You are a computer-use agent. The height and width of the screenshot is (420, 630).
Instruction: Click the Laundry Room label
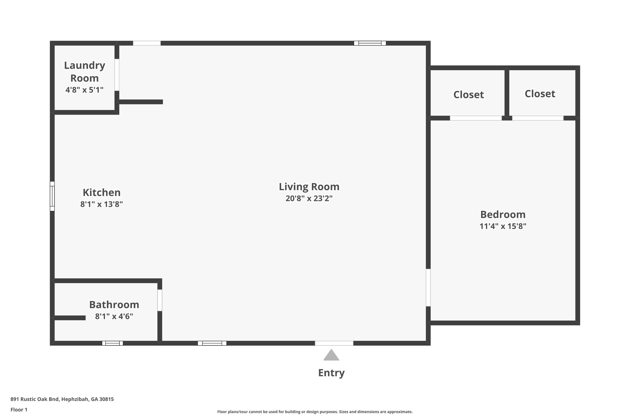coord(84,71)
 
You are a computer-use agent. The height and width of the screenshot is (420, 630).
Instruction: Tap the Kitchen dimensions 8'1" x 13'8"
coord(102,204)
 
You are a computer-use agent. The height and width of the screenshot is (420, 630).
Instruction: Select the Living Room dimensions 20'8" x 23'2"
coord(309,198)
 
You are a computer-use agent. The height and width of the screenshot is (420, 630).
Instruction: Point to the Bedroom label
coord(502,214)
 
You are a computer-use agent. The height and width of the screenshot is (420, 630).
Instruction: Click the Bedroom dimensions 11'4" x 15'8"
coord(502,226)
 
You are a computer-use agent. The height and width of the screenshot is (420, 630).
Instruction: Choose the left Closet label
coord(469,94)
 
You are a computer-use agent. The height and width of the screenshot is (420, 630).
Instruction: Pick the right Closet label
coord(540,94)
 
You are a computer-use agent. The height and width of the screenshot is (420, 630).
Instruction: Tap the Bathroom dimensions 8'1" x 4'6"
coord(114,316)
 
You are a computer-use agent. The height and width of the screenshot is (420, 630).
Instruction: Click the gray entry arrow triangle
coord(331,356)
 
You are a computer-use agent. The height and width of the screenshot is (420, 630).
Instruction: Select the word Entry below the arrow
coord(331,373)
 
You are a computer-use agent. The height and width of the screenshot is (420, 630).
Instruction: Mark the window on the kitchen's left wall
coord(52,196)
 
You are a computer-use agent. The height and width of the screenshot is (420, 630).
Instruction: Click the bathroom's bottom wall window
coord(113,343)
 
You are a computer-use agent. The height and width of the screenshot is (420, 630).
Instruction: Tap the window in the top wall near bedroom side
coord(370,43)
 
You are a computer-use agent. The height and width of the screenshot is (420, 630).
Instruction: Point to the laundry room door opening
coord(117,75)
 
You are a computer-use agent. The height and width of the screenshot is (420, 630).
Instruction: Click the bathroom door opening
coord(160,300)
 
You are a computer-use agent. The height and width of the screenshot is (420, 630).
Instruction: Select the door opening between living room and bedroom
coord(428,287)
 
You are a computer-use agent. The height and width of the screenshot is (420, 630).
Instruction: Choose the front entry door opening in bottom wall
coord(334,343)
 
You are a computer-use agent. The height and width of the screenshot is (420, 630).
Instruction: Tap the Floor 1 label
coord(19,409)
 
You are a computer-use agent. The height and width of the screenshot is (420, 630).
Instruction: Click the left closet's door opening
coord(475,118)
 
